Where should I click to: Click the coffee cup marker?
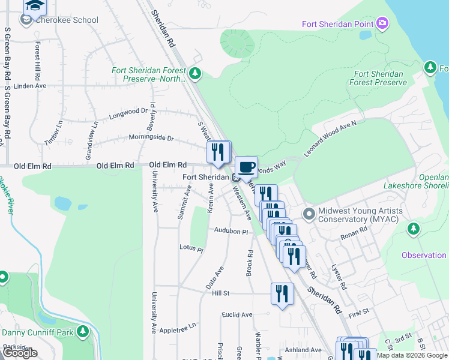tap(246, 166)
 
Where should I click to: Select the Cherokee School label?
tap(66, 20)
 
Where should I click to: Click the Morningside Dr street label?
tap(151, 138)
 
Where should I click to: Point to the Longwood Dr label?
tap(128, 112)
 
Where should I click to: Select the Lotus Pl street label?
tap(191, 247)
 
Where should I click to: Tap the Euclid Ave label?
tap(237, 314)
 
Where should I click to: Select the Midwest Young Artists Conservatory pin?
tap(309, 214)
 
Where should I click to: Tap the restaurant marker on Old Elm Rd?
tap(218, 152)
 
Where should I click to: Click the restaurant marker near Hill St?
tap(282, 294)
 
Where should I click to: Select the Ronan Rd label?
tap(355, 232)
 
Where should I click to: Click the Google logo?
tap(20, 353)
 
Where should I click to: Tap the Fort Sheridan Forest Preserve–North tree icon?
tap(194, 74)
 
